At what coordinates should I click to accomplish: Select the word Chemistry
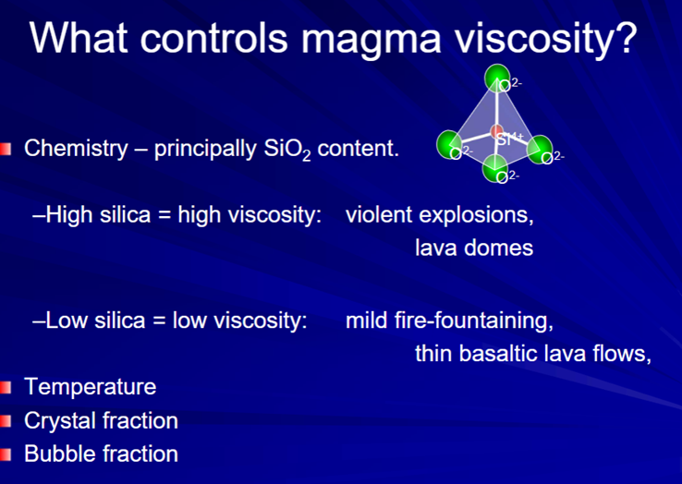[x=76, y=149]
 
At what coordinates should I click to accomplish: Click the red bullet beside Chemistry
[x=6, y=149]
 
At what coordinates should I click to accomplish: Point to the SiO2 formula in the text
[x=287, y=150]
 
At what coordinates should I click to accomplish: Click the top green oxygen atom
[x=496, y=78]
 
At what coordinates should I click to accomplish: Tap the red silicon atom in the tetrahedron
[x=496, y=130]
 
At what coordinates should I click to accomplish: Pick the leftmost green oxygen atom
[x=449, y=143]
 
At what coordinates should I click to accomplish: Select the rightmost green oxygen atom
[x=540, y=149]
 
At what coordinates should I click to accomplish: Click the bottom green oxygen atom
[x=495, y=168]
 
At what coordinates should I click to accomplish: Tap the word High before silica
[x=67, y=215]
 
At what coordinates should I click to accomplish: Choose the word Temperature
[x=90, y=387]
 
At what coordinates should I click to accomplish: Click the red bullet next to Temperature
[x=6, y=387]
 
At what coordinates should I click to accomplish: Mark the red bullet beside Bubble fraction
[x=6, y=454]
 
